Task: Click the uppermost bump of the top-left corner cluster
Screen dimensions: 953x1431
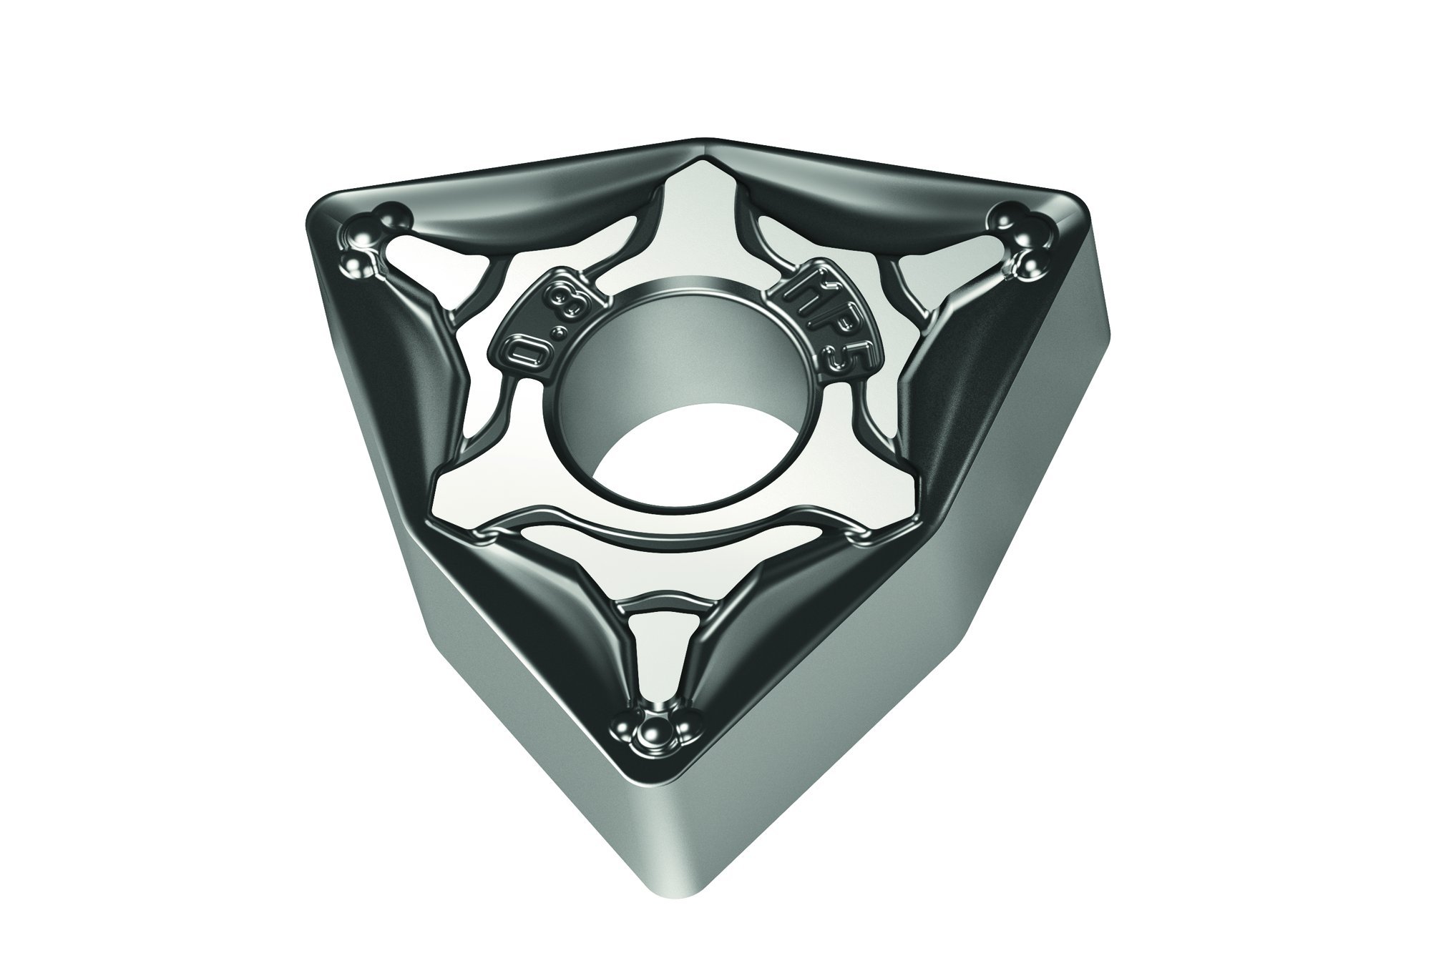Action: click(x=392, y=214)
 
